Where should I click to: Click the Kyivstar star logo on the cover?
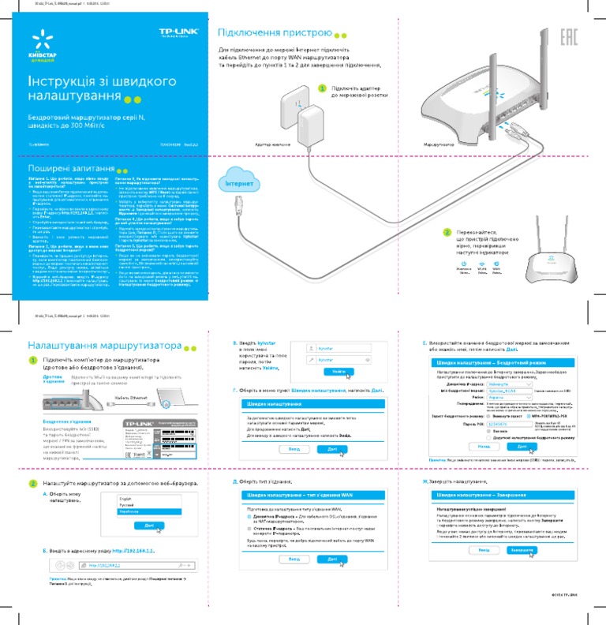[x=38, y=39]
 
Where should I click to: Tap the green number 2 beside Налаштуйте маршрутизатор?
[x=32, y=483]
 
